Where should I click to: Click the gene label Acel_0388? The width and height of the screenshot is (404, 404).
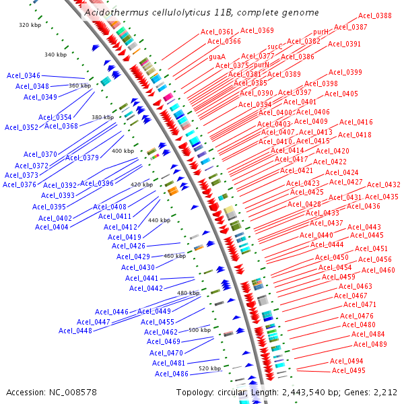pos(375,15)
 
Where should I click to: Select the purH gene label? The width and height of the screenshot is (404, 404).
pos(321,32)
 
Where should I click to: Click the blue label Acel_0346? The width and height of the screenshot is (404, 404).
pos(24,75)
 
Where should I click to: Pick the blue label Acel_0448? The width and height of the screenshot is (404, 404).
pos(75,330)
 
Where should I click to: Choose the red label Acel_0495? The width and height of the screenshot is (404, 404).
pos(348,370)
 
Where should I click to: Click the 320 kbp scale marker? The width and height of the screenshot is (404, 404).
pos(30,25)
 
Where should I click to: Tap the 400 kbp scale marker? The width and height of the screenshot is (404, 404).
pos(123,151)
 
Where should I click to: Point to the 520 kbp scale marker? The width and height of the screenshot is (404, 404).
pos(210,368)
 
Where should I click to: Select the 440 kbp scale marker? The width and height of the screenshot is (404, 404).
pos(159,220)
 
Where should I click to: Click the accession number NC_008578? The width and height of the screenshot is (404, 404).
pos(74,392)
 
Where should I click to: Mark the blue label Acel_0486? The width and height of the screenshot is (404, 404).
pos(172,374)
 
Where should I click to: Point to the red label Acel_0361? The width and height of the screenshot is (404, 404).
pos(217,32)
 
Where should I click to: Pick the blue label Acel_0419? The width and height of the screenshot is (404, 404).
pos(125,237)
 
